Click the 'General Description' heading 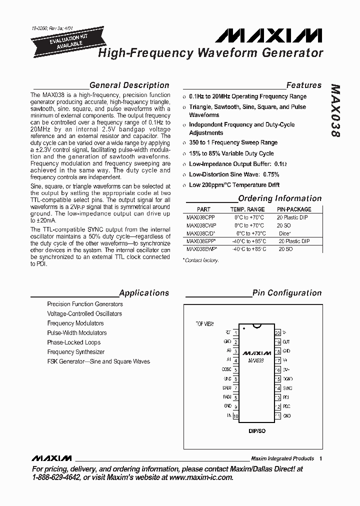point(129,85)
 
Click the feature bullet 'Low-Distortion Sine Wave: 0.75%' point(233,174)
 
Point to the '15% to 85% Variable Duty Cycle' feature point(231,153)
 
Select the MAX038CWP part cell point(201,225)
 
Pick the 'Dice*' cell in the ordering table point(284,233)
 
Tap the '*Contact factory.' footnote point(201,260)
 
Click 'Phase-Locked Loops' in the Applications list point(74,342)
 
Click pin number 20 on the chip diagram point(277,332)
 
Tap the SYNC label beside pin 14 point(287,388)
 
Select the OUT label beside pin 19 point(286,342)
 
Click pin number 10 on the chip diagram point(235,416)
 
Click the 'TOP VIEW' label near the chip point(204,324)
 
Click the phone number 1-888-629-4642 point(55,477)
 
